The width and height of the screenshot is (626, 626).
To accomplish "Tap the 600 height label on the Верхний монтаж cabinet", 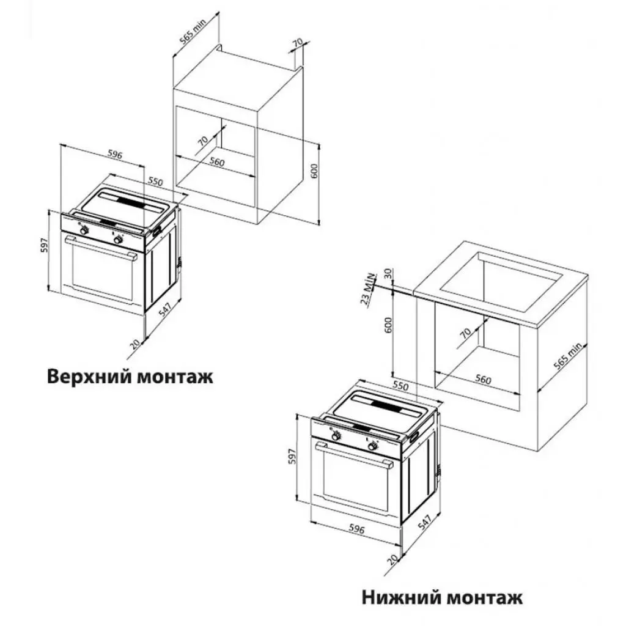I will click(x=314, y=171).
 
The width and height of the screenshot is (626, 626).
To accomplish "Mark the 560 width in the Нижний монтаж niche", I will click(x=483, y=380).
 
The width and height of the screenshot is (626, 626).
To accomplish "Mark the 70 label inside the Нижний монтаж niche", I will click(x=465, y=334).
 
